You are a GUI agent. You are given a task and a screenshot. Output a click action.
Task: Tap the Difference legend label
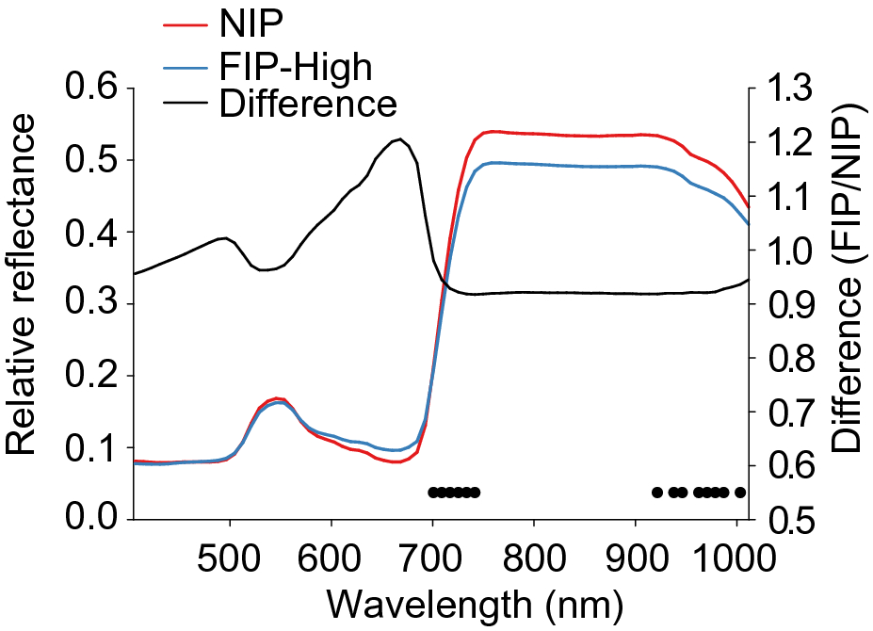pos(307,103)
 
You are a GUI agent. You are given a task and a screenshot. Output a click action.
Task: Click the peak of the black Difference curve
pos(401,139)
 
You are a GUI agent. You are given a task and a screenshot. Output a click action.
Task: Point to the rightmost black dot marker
pos(740,492)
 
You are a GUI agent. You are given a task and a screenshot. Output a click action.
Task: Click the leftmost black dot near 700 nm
pos(433,492)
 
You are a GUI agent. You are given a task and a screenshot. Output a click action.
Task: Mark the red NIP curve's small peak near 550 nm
pos(278,398)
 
